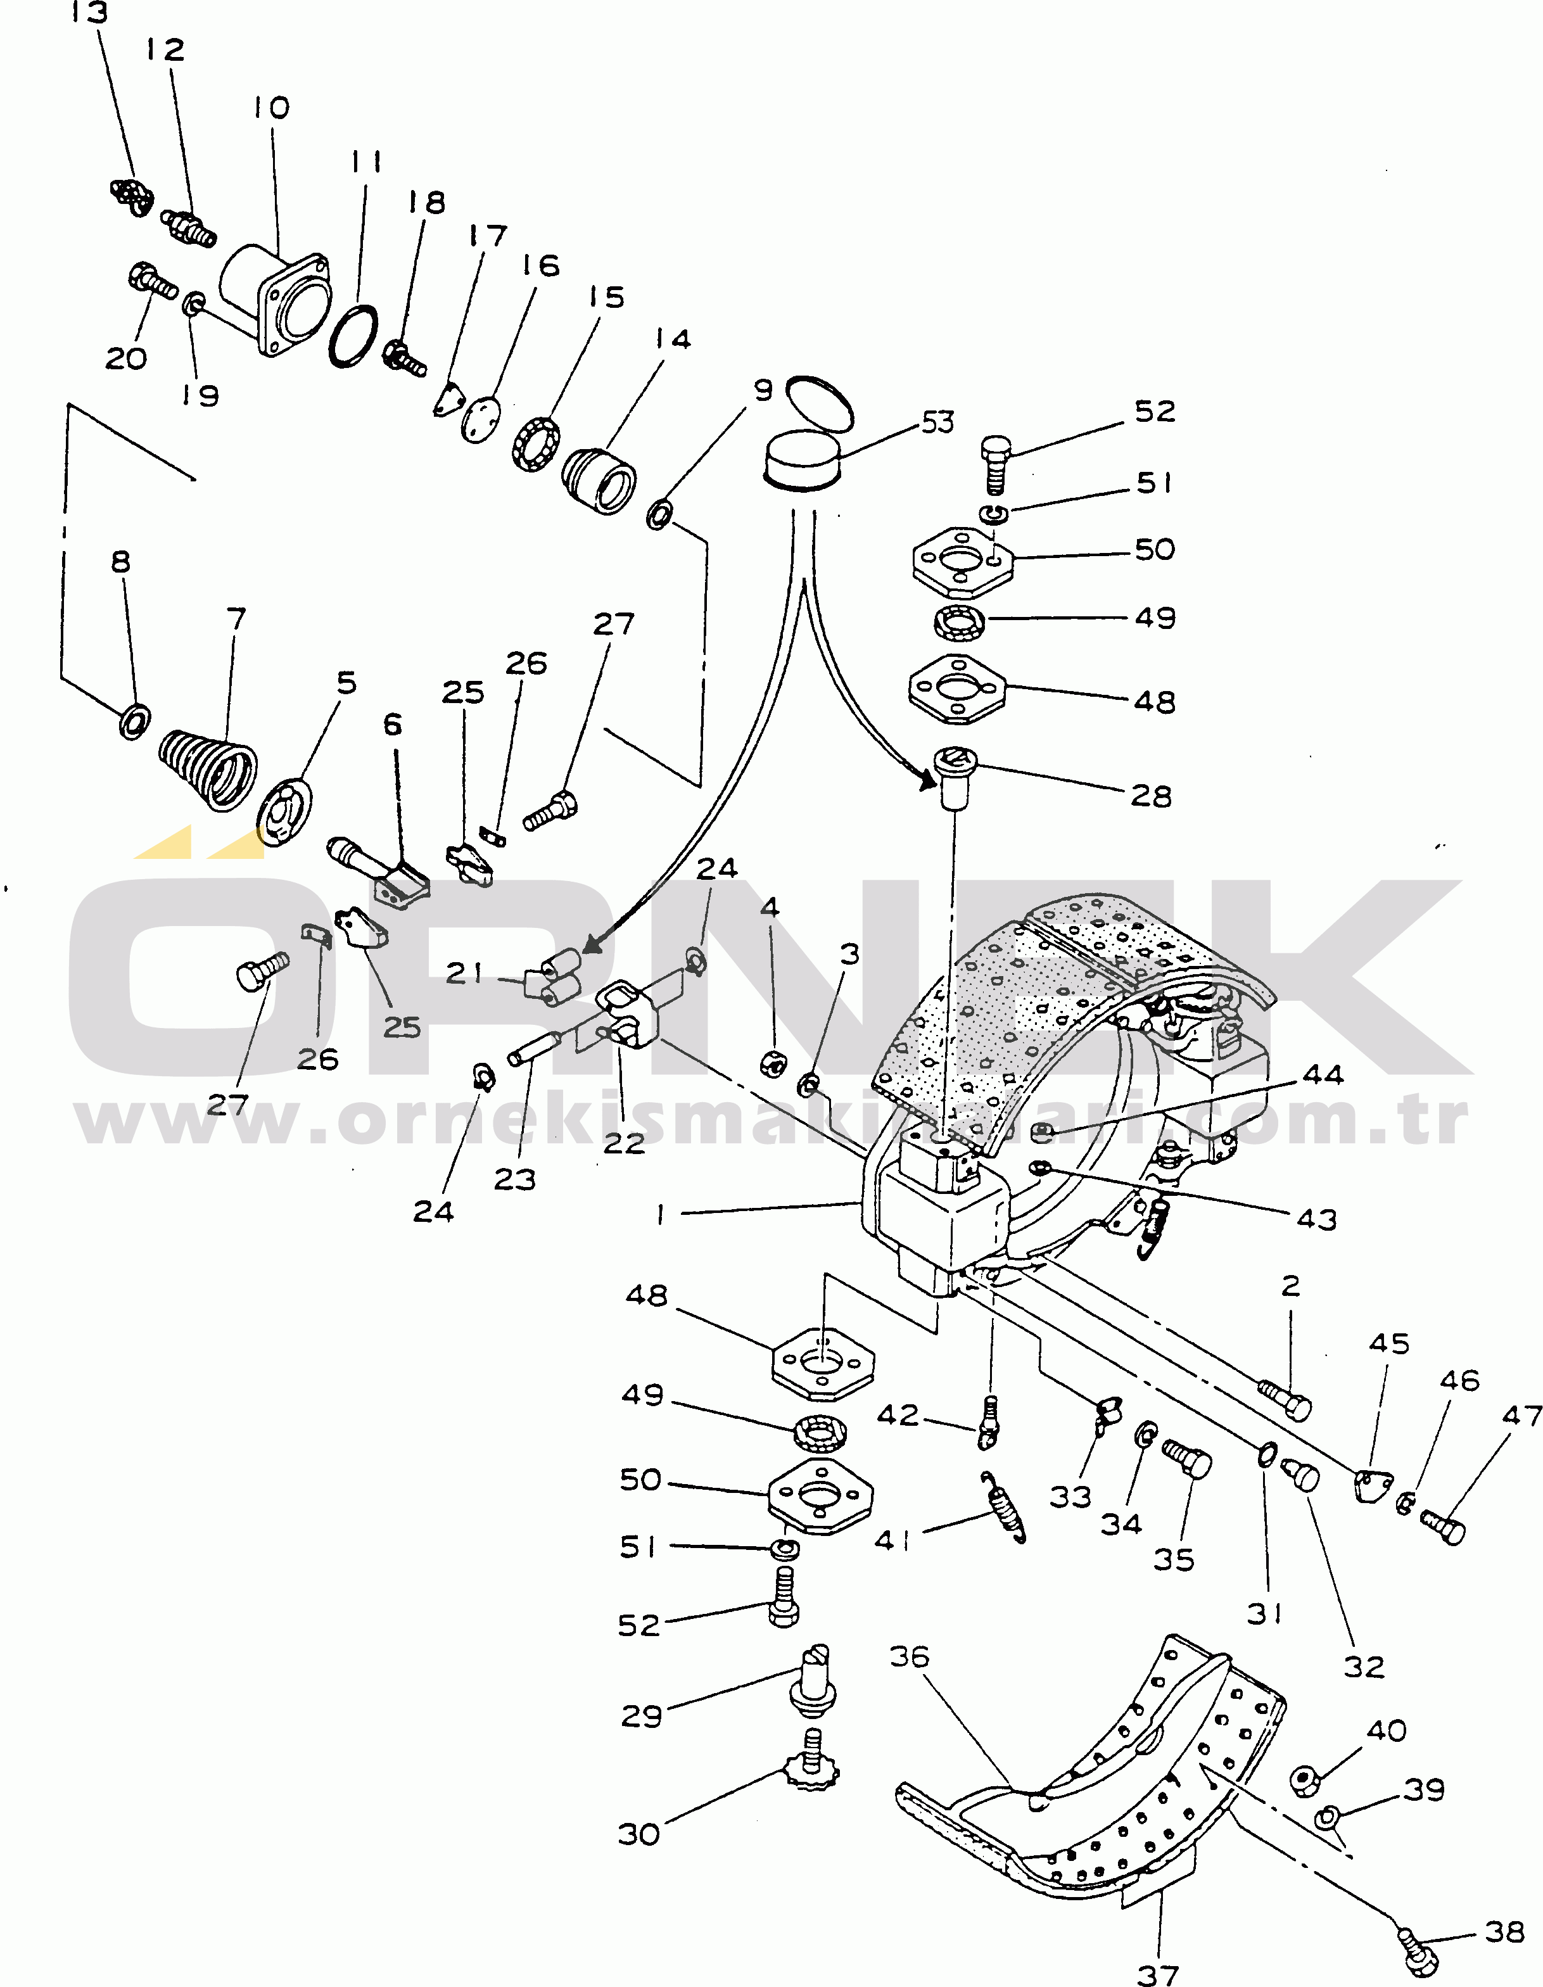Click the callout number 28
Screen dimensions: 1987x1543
pos(1151,796)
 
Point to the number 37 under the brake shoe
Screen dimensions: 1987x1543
pos(1157,1973)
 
